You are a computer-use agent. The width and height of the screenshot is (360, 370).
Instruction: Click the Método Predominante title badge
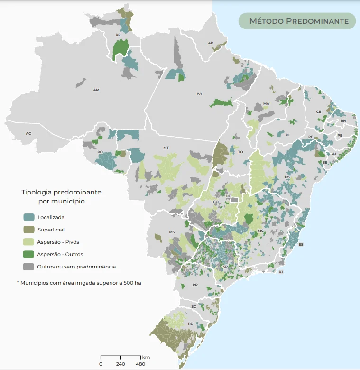[296, 21]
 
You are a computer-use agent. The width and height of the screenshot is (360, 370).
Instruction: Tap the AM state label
[96, 90]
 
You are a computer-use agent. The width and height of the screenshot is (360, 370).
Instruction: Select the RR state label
[118, 35]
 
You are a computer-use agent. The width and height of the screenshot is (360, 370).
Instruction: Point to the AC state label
[28, 134]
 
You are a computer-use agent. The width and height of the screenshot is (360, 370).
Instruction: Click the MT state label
[166, 148]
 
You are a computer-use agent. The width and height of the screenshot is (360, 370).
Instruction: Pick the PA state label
[199, 93]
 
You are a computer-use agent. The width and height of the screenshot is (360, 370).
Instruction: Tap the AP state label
[211, 43]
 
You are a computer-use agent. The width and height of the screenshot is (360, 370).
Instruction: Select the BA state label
[286, 176]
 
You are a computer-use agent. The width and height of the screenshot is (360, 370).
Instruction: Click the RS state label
[190, 324]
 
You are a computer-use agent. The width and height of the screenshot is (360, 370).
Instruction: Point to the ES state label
[301, 244]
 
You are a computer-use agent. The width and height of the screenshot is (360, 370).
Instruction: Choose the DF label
[228, 196]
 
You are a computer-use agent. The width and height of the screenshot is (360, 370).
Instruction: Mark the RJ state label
[281, 272]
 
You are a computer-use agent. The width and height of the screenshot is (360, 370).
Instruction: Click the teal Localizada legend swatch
[29, 217]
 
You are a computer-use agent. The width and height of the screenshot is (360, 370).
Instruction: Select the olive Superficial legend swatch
[29, 230]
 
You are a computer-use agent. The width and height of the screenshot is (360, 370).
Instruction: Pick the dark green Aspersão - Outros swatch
[29, 254]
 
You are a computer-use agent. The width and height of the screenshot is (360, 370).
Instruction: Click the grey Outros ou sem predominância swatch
[29, 267]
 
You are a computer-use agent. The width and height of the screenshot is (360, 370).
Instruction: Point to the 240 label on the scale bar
[120, 364]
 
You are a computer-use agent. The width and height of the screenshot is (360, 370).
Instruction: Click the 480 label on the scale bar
[140, 364]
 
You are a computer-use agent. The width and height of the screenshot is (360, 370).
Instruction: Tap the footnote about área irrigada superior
[80, 283]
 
